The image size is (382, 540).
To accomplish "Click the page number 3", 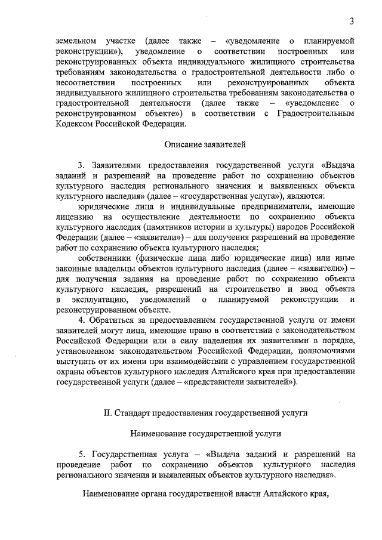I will point(353,22).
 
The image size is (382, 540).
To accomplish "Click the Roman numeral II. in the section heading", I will point(109,412).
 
